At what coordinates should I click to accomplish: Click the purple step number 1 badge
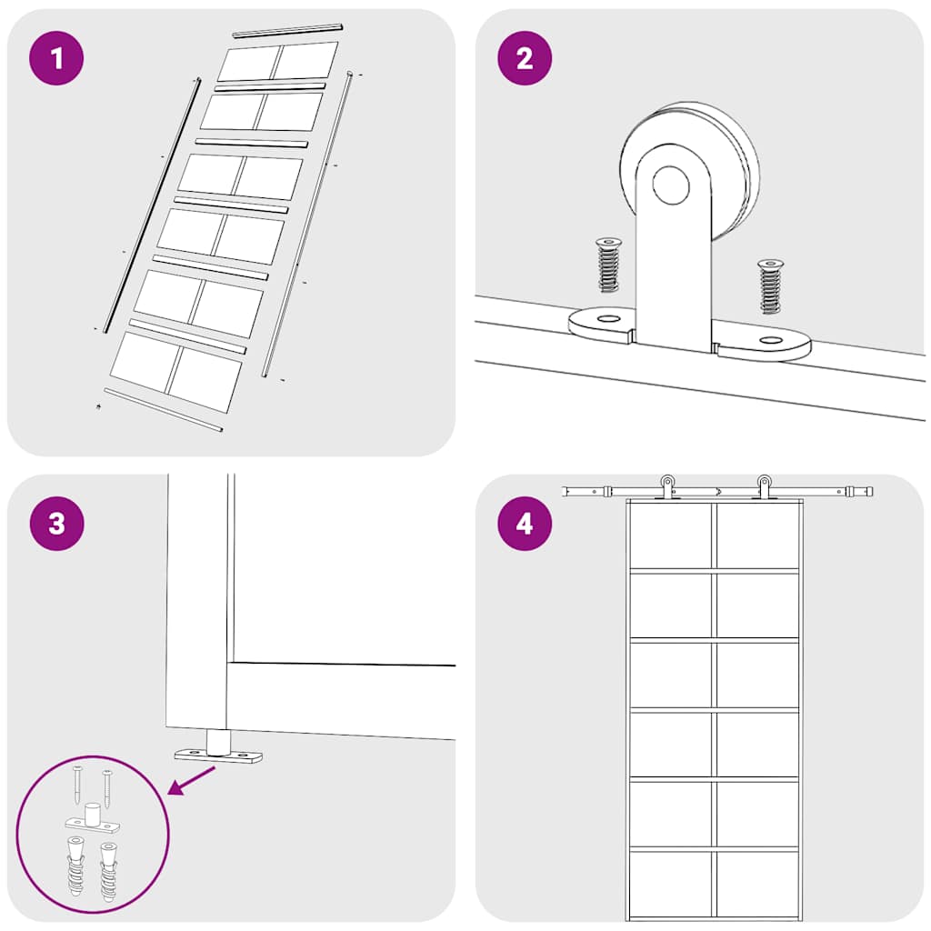click(56, 58)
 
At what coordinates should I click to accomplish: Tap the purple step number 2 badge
click(525, 58)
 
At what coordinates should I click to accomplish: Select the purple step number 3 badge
click(56, 524)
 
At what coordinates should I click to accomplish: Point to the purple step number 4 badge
click(525, 524)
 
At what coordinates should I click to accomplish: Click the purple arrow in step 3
click(192, 780)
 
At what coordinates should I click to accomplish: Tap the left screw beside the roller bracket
click(607, 265)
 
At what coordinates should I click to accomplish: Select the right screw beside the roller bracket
click(770, 286)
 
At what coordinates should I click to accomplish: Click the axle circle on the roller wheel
click(671, 185)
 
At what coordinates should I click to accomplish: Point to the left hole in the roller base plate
click(608, 319)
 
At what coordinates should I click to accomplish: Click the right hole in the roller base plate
click(771, 340)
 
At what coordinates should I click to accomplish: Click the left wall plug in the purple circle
click(75, 866)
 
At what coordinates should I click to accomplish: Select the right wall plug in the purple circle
click(109, 871)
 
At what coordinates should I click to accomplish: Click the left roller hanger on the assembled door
click(668, 487)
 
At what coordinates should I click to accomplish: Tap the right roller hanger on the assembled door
click(764, 487)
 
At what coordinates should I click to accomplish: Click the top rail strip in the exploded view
click(288, 30)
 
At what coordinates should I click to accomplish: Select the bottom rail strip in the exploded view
click(164, 410)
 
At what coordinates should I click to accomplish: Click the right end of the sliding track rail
click(872, 492)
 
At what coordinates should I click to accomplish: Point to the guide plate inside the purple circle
click(92, 818)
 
